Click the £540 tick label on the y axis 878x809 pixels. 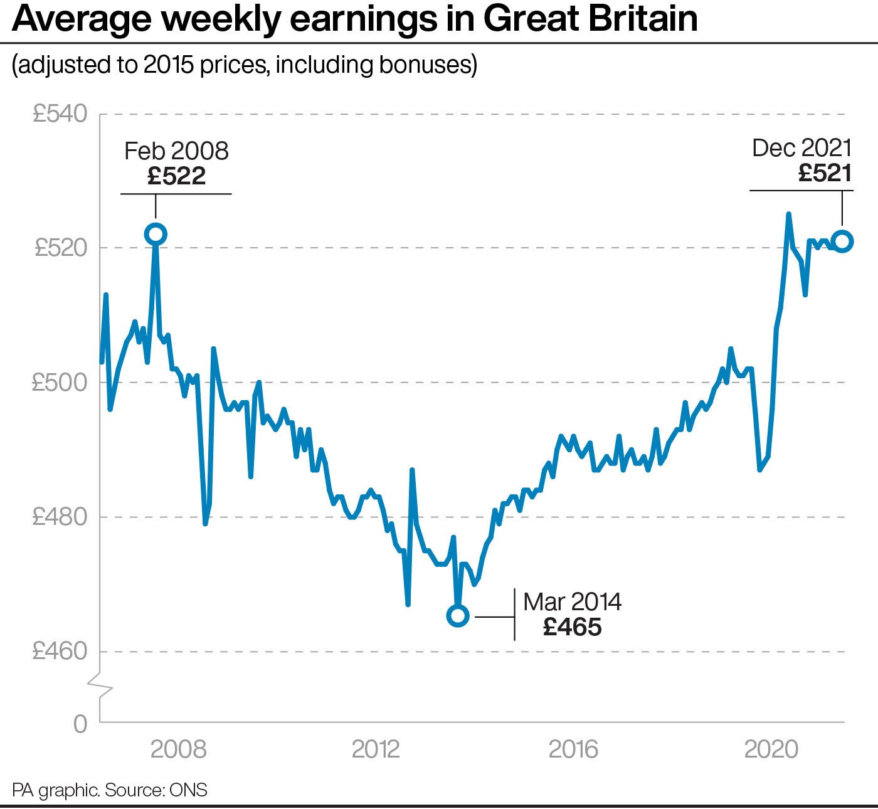click(x=60, y=114)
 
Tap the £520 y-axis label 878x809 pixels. click(x=60, y=248)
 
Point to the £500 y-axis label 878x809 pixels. click(x=60, y=383)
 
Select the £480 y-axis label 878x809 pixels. click(x=60, y=517)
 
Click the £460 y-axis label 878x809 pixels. click(x=60, y=652)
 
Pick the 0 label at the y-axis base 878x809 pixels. click(x=80, y=724)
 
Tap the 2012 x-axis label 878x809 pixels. click(x=376, y=749)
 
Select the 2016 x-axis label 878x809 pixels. click(x=573, y=749)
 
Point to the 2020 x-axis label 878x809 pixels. click(x=771, y=749)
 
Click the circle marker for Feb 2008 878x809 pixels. click(x=156, y=235)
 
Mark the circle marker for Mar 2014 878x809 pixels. click(x=458, y=616)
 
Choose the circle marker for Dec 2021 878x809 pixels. click(x=842, y=241)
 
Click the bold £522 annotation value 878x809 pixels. click(x=177, y=176)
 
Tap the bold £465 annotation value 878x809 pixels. click(x=573, y=627)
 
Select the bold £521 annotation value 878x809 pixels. click(x=825, y=173)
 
